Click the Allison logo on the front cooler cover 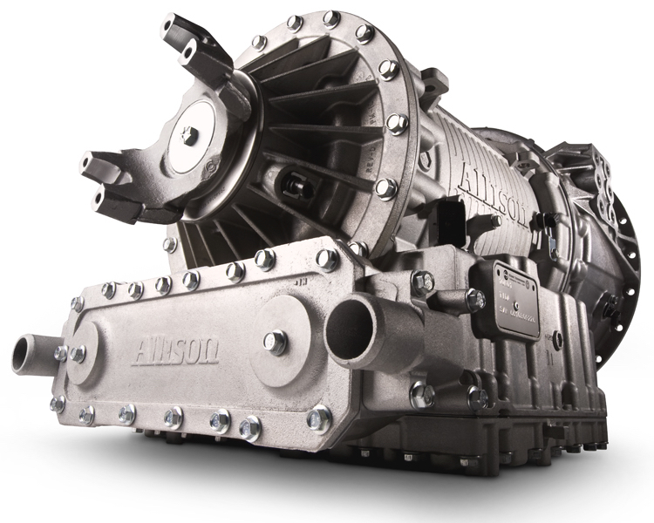174,352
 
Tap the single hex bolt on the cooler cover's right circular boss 276,342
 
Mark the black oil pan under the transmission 488,436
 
